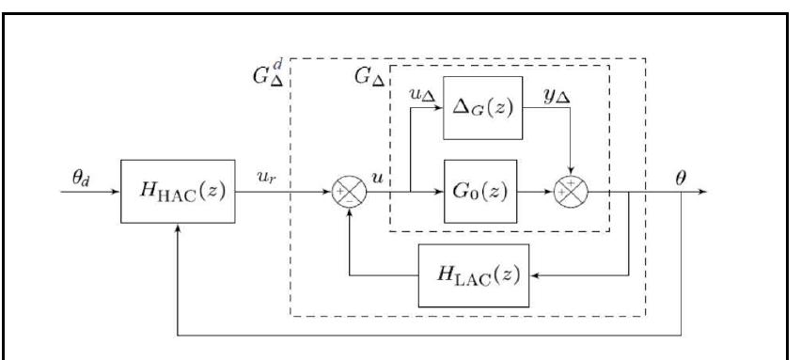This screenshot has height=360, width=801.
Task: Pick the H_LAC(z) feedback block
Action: [473, 275]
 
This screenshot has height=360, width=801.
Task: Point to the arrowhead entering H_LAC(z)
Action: [532, 275]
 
